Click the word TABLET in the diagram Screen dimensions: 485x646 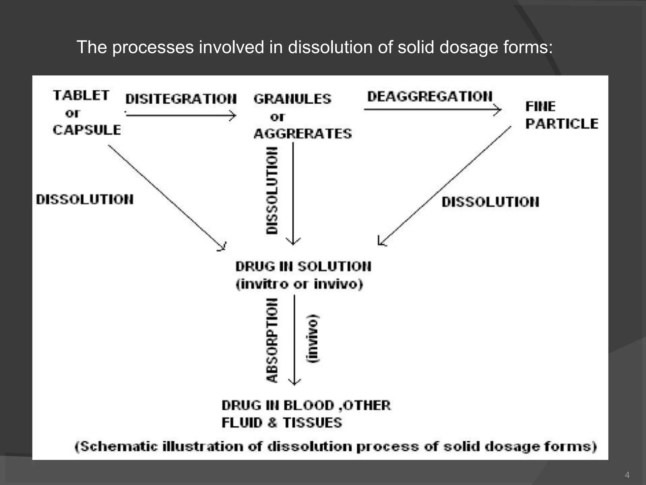click(81, 95)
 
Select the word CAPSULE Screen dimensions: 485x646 click(87, 130)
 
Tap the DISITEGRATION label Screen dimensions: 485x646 click(181, 99)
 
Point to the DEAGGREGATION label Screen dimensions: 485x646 click(430, 96)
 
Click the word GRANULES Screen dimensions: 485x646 click(292, 99)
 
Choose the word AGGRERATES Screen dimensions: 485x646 click(302, 134)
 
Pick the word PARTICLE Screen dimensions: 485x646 click(562, 124)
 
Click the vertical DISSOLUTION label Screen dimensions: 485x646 click(272, 190)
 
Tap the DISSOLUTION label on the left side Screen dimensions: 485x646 click(85, 200)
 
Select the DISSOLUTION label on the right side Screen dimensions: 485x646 click(490, 202)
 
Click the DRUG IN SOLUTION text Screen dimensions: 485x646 click(303, 266)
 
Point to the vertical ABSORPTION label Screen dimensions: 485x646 click(272, 340)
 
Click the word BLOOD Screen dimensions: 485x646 click(308, 406)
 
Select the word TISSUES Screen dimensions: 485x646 click(312, 423)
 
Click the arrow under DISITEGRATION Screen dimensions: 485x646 click(181, 116)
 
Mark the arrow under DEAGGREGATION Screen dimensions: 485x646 click(432, 110)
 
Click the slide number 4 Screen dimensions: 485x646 click(627, 475)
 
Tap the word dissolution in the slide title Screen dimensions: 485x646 click(340, 47)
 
